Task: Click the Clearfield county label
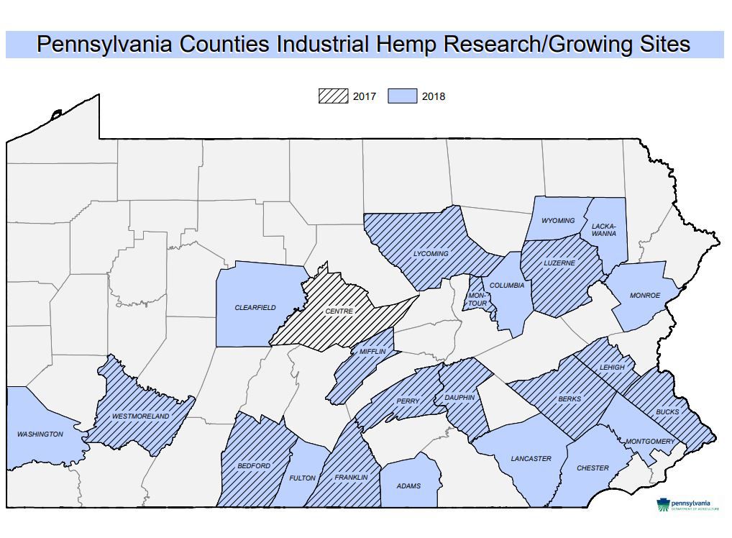point(255,308)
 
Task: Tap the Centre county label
point(339,311)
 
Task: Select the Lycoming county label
point(431,254)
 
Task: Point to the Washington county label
point(40,434)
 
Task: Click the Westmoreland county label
point(141,416)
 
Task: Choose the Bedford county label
point(254,466)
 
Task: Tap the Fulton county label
point(302,478)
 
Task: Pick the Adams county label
point(408,486)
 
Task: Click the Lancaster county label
point(531,459)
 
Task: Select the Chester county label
point(593,468)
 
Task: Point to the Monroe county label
point(645,296)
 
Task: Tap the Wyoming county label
point(558,221)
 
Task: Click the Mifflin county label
point(372,352)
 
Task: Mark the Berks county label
point(569,398)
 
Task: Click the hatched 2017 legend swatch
point(333,96)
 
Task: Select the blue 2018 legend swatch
point(402,96)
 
